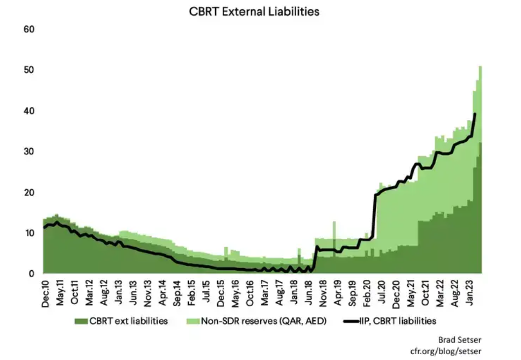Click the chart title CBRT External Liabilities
point(254,11)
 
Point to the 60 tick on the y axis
point(29,29)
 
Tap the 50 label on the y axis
point(29,70)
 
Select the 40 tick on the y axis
point(29,111)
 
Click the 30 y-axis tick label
point(29,152)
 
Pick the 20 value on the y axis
point(29,192)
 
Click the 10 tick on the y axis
point(29,233)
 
